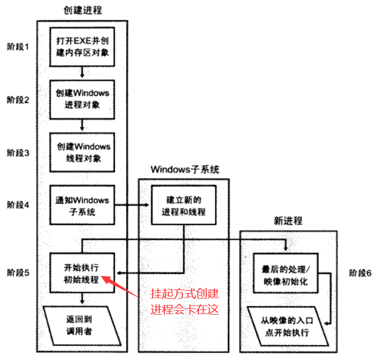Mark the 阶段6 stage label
[x=360, y=273]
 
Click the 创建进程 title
[x=82, y=11]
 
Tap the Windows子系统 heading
[x=185, y=169]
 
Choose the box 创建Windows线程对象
[x=82, y=152]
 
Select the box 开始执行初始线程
[x=82, y=273]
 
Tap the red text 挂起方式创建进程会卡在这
[x=184, y=302]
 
